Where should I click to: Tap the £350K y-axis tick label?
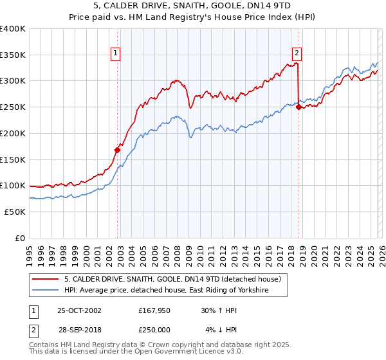(13, 55)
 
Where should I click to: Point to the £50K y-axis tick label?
(15, 212)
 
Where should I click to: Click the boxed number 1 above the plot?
(116, 54)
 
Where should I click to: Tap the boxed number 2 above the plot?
(297, 54)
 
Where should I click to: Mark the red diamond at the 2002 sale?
(118, 150)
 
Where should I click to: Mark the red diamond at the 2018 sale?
(299, 107)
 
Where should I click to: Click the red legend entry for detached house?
(172, 280)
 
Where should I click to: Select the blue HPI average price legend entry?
(165, 291)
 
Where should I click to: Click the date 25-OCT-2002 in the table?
(79, 310)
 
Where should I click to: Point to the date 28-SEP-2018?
(79, 330)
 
